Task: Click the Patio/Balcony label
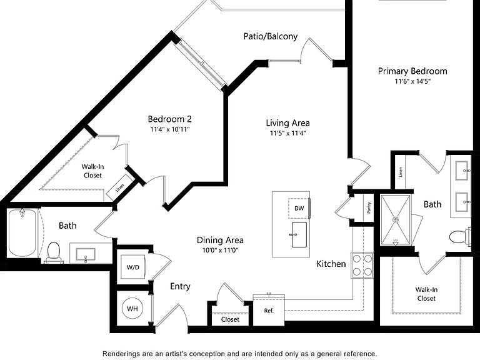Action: [x=270, y=36]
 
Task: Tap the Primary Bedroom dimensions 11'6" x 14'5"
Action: [x=412, y=81]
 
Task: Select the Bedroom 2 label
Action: [x=169, y=119]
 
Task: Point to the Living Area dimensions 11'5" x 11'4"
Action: [x=287, y=133]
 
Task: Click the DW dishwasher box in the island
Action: [x=299, y=209]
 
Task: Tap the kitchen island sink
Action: [x=299, y=235]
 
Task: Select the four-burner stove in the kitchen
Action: [x=362, y=265]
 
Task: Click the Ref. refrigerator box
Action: [x=269, y=310]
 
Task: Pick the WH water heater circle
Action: [x=132, y=309]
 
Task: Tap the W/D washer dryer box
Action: [x=133, y=267]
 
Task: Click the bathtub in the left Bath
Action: [x=22, y=232]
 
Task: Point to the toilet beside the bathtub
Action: [x=54, y=252]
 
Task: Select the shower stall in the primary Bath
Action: [x=396, y=220]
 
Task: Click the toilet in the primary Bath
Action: [x=460, y=236]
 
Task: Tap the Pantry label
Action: [x=369, y=207]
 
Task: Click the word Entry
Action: [x=180, y=286]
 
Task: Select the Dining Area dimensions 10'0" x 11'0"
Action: [x=220, y=251]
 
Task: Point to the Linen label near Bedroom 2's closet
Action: [x=120, y=187]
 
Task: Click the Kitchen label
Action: [x=331, y=264]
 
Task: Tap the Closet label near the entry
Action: [x=230, y=319]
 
